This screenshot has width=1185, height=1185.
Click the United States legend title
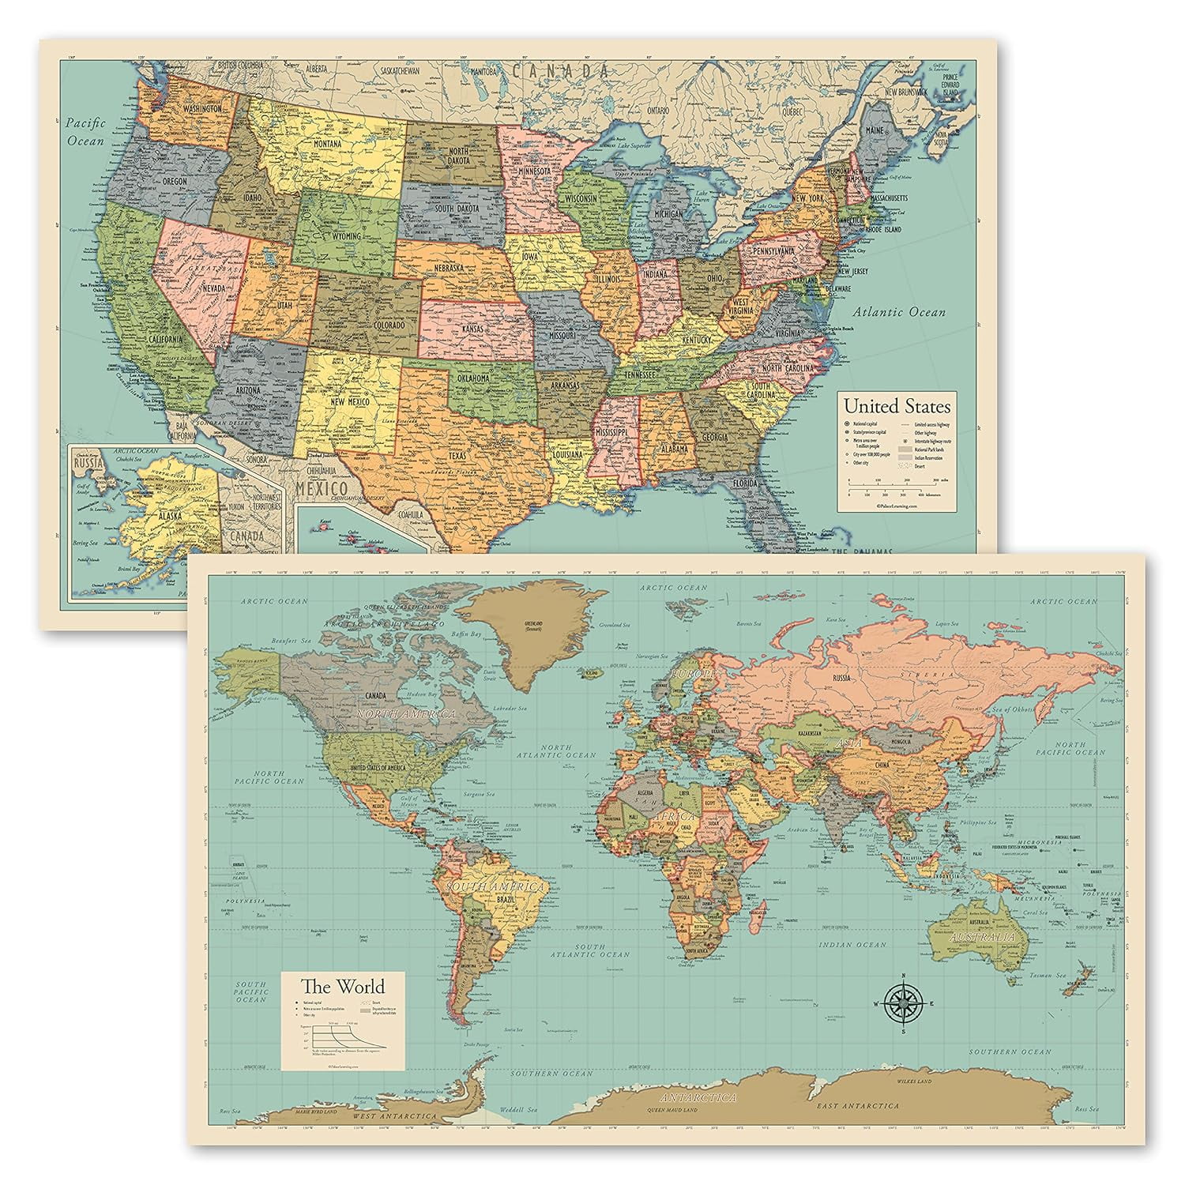click(897, 407)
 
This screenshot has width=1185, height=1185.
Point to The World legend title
click(342, 986)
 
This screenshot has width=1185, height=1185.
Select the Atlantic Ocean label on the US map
click(896, 312)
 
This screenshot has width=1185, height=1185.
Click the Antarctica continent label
click(699, 1098)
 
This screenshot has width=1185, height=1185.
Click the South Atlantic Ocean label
click(601, 950)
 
